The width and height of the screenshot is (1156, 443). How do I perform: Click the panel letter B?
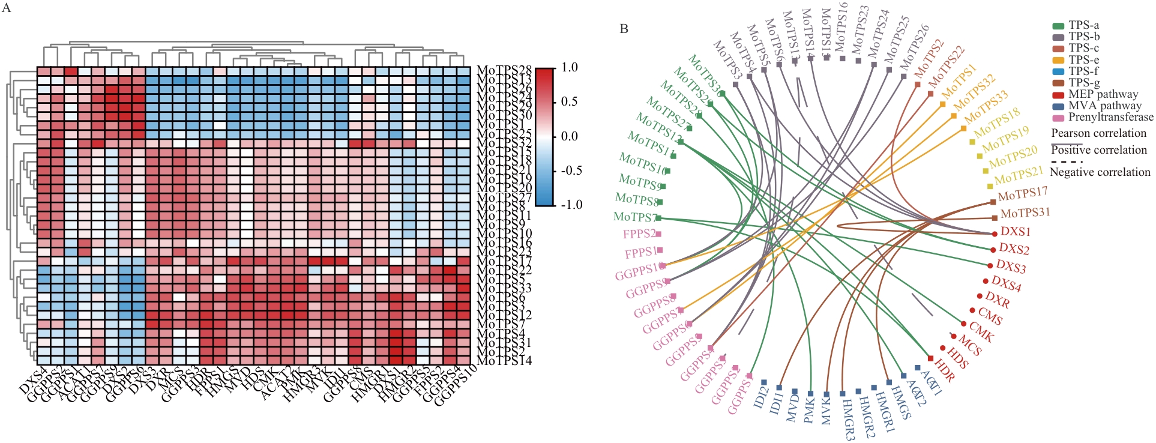[x=624, y=29]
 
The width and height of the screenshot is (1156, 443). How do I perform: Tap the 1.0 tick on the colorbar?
[x=570, y=67]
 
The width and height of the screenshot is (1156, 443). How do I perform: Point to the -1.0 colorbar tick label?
[x=572, y=205]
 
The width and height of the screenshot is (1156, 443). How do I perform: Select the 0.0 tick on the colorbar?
[x=570, y=136]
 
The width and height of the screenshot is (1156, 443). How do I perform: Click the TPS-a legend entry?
[x=1083, y=25]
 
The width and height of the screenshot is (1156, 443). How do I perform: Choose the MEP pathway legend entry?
[x=1103, y=94]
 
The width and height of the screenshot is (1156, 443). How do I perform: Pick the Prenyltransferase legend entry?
[x=1110, y=117]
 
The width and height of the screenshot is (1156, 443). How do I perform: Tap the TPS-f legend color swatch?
[x=1058, y=71]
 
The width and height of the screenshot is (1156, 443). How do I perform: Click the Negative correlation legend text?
[x=1100, y=172]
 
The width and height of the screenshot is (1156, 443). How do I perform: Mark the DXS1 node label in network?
[x=1016, y=232]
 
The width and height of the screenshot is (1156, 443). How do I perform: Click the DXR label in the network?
[x=998, y=300]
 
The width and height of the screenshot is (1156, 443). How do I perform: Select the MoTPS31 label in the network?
[x=1025, y=213]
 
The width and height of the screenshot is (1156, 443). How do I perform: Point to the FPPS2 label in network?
[x=639, y=234]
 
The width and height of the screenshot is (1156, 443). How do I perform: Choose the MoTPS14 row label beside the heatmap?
[x=504, y=361]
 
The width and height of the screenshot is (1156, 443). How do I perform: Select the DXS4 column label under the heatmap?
[x=33, y=379]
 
